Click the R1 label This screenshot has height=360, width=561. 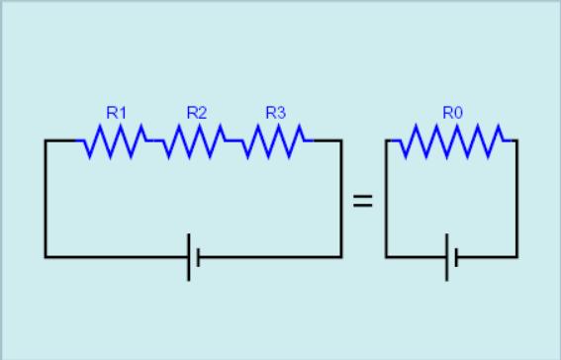click(117, 113)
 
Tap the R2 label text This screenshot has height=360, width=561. click(197, 113)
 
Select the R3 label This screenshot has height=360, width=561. click(276, 113)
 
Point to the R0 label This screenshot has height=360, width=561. click(452, 113)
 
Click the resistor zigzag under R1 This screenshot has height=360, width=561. click(115, 140)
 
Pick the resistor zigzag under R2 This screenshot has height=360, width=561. click(194, 140)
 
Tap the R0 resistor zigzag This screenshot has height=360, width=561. click(452, 140)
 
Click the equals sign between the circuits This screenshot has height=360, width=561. click(363, 201)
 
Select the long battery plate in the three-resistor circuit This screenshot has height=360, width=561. click(189, 257)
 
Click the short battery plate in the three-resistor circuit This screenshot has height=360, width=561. click(199, 257)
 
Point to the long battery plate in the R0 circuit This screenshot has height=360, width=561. click(446, 257)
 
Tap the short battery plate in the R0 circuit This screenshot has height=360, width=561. click(456, 257)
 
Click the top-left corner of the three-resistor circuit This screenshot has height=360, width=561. click(46, 140)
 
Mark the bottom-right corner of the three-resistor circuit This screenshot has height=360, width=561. click(341, 257)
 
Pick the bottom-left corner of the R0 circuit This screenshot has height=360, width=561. click(386, 257)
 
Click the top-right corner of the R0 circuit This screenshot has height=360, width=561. click(517, 140)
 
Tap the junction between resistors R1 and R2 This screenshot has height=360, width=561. click(154, 140)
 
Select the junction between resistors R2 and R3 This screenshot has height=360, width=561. click(234, 140)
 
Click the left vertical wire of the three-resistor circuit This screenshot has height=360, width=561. click(46, 199)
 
